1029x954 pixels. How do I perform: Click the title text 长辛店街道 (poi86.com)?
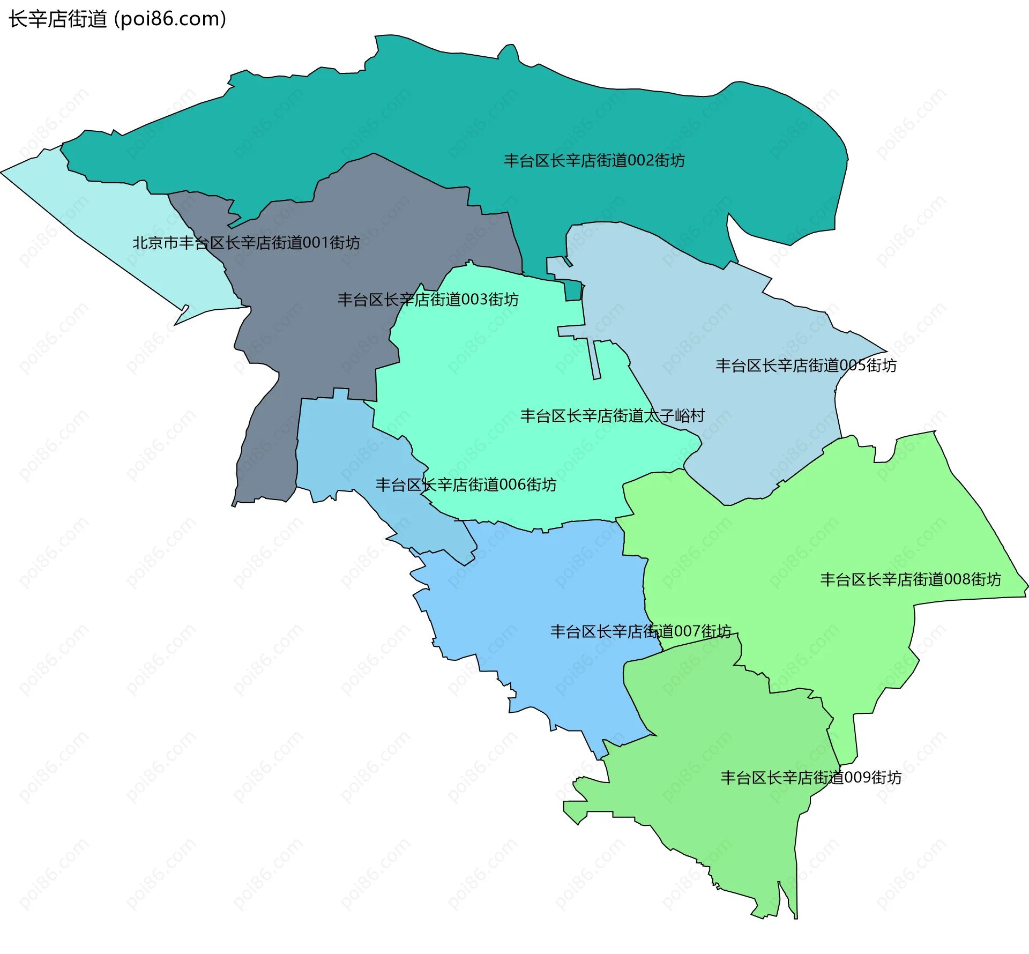[x=117, y=19]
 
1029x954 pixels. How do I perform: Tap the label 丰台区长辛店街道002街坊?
[x=594, y=160]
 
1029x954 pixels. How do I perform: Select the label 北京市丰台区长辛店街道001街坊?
[x=246, y=243]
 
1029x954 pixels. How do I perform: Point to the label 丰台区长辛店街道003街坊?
[x=428, y=299]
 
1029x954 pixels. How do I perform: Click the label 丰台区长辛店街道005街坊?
[x=806, y=366]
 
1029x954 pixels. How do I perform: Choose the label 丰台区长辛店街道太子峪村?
[x=612, y=415]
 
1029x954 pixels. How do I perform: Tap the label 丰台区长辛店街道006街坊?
[x=466, y=485]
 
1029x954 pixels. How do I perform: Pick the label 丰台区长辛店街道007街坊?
[x=640, y=631]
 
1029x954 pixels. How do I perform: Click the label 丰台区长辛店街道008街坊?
[x=910, y=579]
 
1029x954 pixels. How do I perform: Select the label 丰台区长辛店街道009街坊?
[x=810, y=777]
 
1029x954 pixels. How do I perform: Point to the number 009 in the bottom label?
[x=857, y=777]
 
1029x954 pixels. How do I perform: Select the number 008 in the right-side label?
[x=957, y=579]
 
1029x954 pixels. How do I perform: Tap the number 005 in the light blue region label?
[x=852, y=366]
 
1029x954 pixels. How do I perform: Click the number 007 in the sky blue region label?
[x=687, y=631]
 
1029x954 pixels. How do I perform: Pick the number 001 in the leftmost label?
[x=316, y=243]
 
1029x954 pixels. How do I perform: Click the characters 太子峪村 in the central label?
[x=674, y=415]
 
